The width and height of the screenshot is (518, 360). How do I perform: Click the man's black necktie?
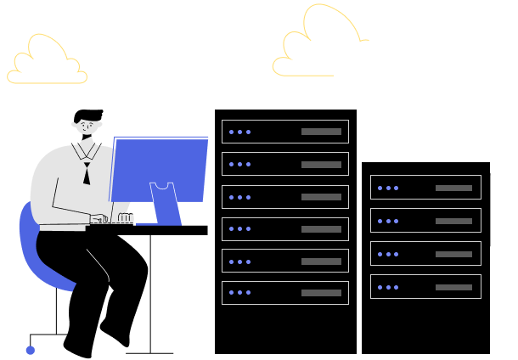coord(87,173)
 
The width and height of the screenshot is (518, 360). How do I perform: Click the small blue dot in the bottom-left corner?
coord(31,350)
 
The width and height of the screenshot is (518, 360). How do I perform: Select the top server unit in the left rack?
coord(285,132)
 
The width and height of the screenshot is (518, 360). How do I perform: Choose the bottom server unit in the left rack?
coord(285,293)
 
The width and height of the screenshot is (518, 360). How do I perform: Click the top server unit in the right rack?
coord(425,187)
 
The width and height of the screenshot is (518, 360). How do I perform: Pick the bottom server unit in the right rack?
coord(425,287)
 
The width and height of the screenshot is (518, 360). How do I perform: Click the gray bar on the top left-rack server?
coord(321,132)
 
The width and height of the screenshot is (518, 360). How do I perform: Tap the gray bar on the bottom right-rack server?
coord(453,287)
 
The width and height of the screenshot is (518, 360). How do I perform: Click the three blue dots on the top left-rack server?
coord(239,132)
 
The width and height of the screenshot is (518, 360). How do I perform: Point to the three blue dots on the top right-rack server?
coord(388,188)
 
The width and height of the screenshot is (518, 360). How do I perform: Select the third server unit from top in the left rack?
coord(285,196)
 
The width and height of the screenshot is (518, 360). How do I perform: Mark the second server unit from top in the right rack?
coord(425,221)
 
